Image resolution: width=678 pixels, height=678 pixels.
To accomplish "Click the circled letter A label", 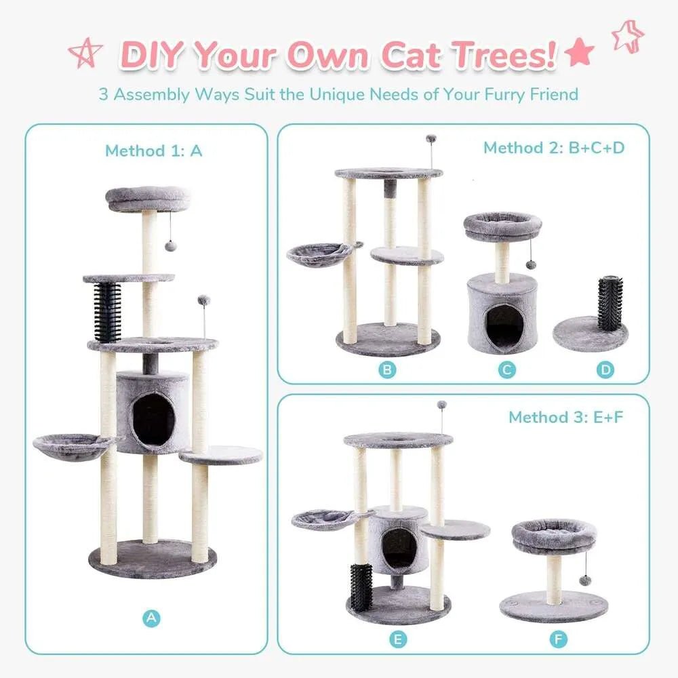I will click(x=152, y=618).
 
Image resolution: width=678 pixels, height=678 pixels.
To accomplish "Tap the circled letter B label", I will click(x=387, y=370).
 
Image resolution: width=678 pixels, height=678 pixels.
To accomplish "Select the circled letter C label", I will click(x=506, y=370).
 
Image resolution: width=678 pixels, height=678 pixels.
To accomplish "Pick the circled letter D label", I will click(x=605, y=370).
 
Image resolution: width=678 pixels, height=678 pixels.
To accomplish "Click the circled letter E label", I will click(x=399, y=639).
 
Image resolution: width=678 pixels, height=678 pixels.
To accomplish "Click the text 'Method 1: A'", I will click(x=153, y=151).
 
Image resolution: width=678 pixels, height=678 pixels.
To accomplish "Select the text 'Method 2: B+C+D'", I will click(x=553, y=148).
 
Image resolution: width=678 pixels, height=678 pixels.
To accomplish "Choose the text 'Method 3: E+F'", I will click(x=565, y=417).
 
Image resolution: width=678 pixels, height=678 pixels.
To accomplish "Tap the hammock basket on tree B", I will click(x=319, y=254).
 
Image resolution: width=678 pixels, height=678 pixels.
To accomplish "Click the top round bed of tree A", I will click(x=147, y=199).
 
